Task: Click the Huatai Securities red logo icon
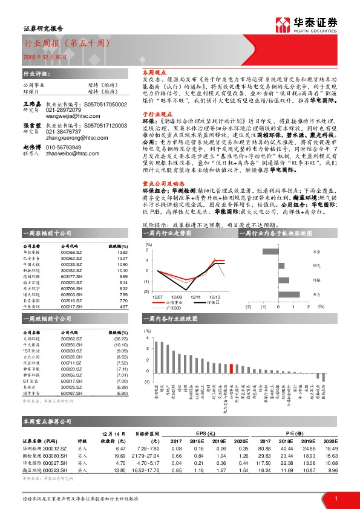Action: tap(283, 24)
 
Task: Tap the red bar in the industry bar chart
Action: tap(232, 368)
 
